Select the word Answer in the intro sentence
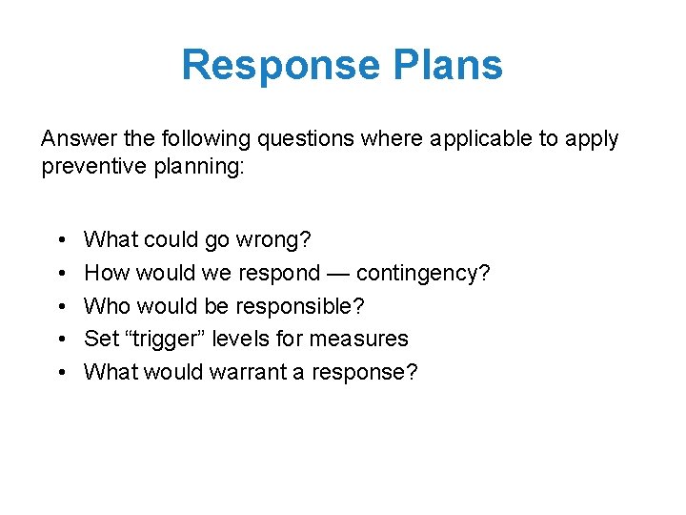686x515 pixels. (x=79, y=138)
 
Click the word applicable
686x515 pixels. (x=481, y=138)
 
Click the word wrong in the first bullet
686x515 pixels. (x=279, y=239)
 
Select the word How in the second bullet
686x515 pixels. (x=107, y=273)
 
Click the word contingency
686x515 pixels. (x=423, y=273)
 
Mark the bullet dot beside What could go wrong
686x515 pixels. (x=60, y=240)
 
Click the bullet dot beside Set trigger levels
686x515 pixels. (x=60, y=340)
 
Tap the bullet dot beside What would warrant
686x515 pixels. (x=60, y=372)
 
